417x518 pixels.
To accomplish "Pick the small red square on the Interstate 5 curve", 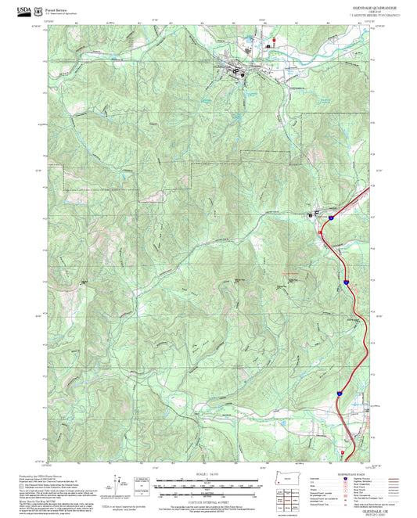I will click(321, 232).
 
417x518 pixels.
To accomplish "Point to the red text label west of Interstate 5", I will click(291, 272).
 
